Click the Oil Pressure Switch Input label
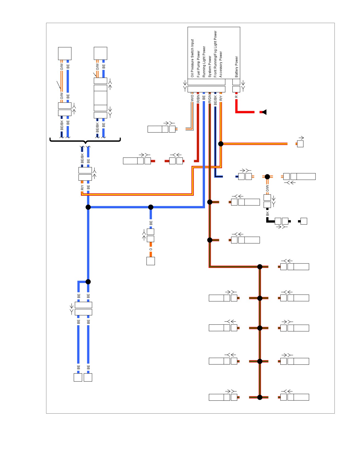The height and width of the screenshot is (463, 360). (x=192, y=58)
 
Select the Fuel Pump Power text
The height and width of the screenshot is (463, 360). (x=198, y=64)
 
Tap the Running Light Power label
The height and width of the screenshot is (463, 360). (x=204, y=62)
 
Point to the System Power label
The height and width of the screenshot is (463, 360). (x=210, y=67)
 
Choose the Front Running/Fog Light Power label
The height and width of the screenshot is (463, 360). (x=215, y=54)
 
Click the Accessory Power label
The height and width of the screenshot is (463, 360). (x=221, y=64)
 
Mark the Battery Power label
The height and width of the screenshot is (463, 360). (x=237, y=67)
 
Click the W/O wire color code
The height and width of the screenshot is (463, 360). (x=192, y=98)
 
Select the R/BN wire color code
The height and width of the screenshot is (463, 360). (x=198, y=99)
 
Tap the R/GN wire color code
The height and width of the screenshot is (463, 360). (x=210, y=99)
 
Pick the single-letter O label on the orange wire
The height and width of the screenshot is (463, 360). (x=151, y=249)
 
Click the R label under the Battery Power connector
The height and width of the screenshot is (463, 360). (x=236, y=97)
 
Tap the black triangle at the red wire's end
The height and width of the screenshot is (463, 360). (x=265, y=112)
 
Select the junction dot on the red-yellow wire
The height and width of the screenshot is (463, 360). (x=221, y=144)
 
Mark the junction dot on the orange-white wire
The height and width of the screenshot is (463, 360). (x=267, y=177)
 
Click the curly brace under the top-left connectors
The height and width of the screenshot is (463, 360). (x=85, y=141)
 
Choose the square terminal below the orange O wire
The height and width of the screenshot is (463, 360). (x=151, y=261)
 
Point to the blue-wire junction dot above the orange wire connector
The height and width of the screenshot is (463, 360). (x=151, y=207)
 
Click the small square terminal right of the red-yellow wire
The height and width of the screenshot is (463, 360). (x=300, y=144)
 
